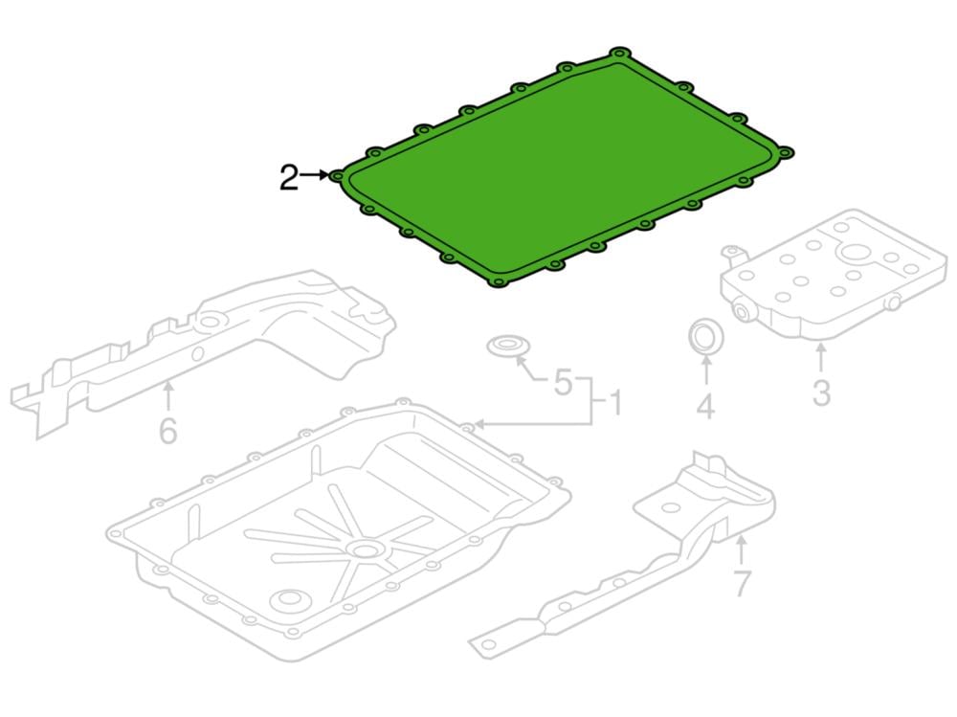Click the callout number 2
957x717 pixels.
(289, 178)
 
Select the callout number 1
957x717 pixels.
(615, 403)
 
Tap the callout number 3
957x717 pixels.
(821, 392)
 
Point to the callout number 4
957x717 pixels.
(705, 406)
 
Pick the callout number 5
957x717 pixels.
(563, 382)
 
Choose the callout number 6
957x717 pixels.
(167, 431)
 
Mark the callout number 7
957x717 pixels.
(742, 583)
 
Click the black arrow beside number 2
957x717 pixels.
(314, 175)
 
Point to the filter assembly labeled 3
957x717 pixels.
(835, 273)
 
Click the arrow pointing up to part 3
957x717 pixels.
(821, 358)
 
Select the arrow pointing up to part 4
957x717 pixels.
(705, 370)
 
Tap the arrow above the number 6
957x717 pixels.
(167, 394)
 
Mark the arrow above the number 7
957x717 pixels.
(741, 549)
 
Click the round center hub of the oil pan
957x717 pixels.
(365, 550)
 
